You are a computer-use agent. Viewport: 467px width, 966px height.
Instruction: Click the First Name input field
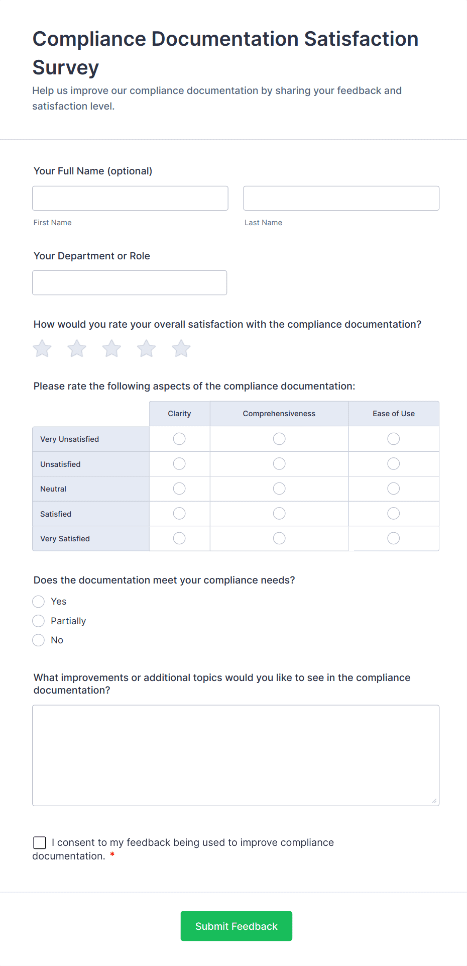(130, 199)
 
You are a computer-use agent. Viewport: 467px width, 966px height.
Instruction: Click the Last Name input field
(341, 199)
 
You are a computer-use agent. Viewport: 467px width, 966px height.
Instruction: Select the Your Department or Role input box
(130, 283)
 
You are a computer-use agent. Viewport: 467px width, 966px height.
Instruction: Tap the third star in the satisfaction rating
(111, 348)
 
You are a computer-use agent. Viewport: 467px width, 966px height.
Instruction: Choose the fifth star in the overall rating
(181, 348)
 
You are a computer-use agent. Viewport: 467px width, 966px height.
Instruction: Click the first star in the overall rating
(42, 348)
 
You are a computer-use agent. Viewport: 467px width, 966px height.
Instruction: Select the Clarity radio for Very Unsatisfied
(179, 439)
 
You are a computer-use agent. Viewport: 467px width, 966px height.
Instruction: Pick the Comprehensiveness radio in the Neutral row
(279, 489)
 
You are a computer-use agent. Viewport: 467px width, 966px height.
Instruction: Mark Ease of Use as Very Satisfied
(394, 538)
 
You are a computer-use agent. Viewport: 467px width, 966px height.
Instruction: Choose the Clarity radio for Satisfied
(179, 513)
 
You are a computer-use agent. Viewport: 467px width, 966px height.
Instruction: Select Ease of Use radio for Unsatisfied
(394, 463)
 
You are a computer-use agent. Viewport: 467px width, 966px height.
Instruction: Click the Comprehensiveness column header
(279, 414)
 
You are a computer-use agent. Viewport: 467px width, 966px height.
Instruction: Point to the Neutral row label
(53, 489)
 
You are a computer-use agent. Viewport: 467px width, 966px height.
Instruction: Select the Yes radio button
(39, 602)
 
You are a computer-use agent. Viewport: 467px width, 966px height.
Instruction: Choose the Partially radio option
(39, 621)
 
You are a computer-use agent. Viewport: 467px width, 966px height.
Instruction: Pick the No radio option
(39, 640)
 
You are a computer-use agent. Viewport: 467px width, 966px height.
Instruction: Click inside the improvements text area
(236, 755)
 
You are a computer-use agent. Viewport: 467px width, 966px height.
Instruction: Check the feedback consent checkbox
(40, 843)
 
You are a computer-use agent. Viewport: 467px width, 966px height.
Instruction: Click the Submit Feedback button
(236, 926)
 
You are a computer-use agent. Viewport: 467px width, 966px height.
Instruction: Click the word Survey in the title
(66, 67)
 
